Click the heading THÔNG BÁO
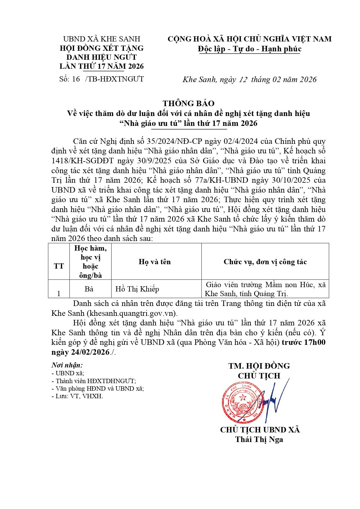[x=188, y=103]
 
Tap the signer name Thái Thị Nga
[x=259, y=439]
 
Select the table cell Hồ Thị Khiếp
[x=137, y=289]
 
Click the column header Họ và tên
[x=155, y=262]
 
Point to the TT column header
[x=59, y=266]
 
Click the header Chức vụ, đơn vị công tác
[x=265, y=262]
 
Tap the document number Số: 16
[x=70, y=79]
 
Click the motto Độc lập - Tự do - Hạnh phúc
[x=249, y=49]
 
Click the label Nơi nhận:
[x=67, y=365]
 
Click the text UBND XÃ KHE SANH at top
[x=102, y=39]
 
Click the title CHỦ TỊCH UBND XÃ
[x=260, y=430]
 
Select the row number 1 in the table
[x=59, y=294]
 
